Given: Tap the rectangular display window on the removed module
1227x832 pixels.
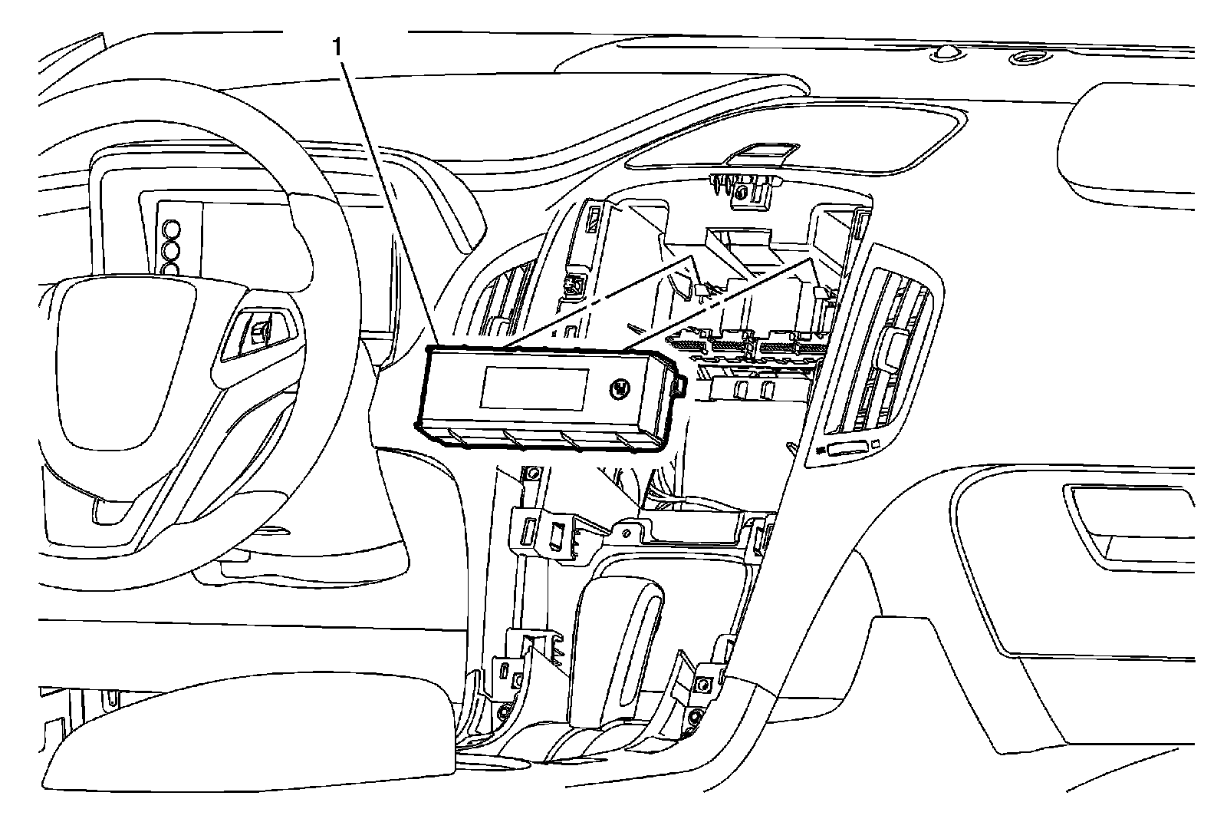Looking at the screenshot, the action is pyautogui.click(x=535, y=387).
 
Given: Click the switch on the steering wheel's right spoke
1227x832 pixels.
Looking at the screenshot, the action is pyautogui.click(x=258, y=330).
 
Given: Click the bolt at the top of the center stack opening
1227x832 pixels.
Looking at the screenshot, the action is pyautogui.click(x=741, y=193).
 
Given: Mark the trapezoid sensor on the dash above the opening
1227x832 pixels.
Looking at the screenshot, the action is pyautogui.click(x=762, y=152).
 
